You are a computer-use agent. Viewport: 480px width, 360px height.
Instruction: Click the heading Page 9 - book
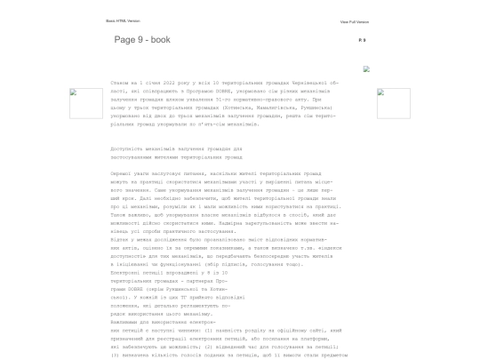tap(142, 40)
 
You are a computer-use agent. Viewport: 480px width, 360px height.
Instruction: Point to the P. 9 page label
tap(361, 40)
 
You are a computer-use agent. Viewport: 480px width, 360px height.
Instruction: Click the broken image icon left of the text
tap(86, 103)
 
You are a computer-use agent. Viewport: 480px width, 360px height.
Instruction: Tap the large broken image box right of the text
tap(393, 103)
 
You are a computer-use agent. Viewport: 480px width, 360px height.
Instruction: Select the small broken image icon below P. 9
tap(366, 68)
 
